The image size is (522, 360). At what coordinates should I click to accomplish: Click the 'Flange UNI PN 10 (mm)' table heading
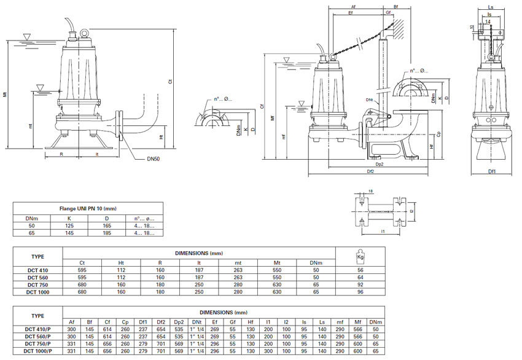[x=88, y=209]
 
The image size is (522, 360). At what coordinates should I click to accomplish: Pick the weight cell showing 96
[x=360, y=292]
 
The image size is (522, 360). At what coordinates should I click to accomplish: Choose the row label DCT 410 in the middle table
[x=38, y=270]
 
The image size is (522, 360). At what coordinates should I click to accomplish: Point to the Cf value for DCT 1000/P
[x=107, y=351]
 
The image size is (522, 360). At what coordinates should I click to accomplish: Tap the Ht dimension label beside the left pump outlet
[x=161, y=137]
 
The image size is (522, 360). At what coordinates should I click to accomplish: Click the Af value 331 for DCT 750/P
[x=72, y=344]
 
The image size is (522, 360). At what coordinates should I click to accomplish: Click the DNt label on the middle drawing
[x=370, y=100]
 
